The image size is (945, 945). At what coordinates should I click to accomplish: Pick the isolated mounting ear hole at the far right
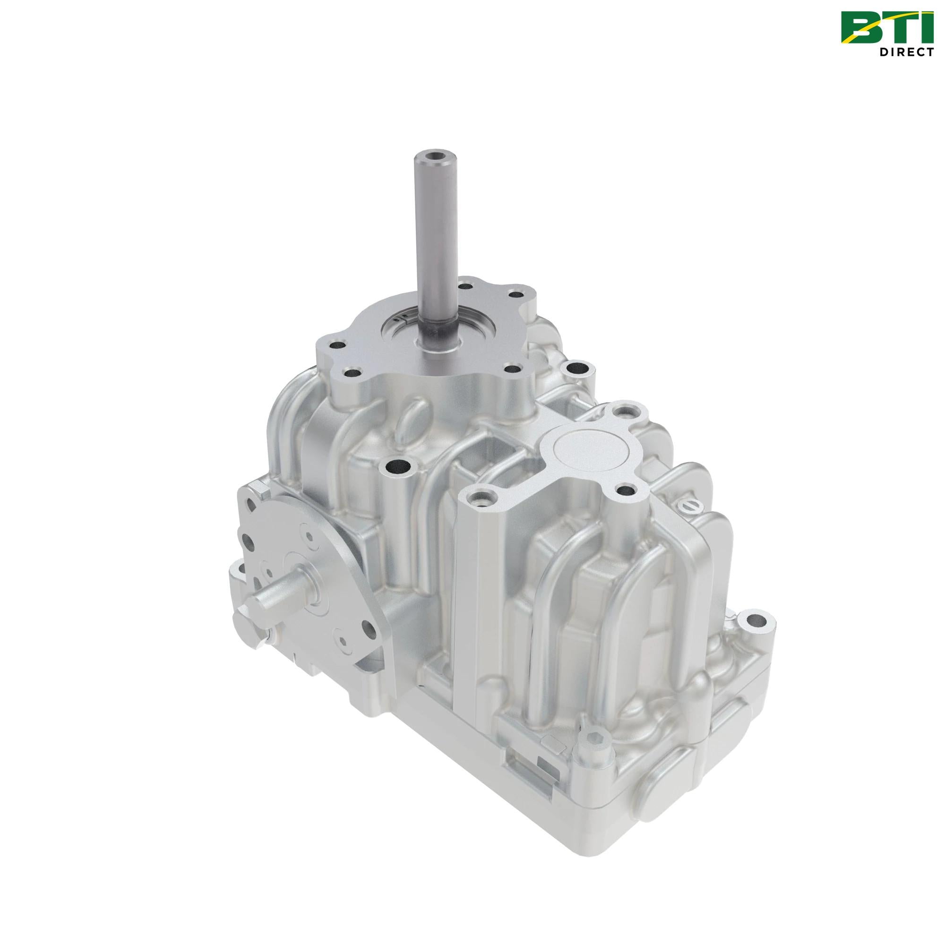(x=758, y=621)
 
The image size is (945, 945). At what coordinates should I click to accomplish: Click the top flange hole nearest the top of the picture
(x=464, y=283)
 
